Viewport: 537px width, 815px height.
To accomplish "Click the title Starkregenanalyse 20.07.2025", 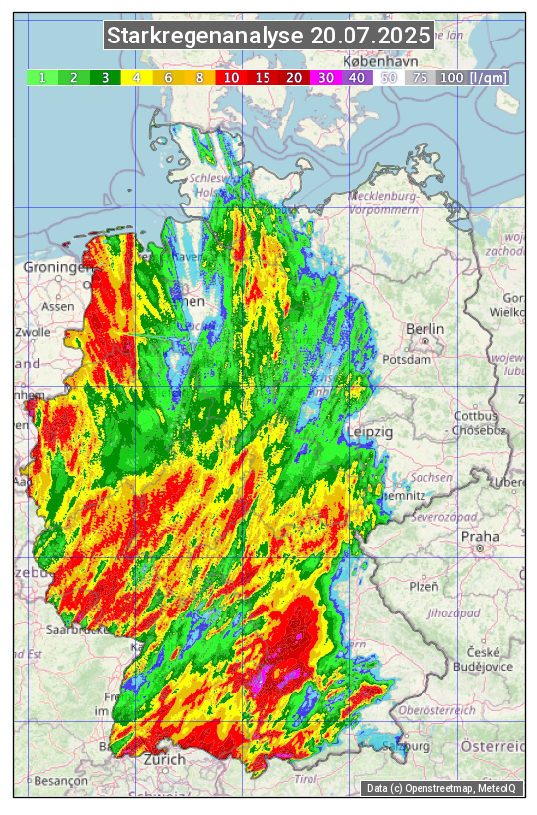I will point(268,37).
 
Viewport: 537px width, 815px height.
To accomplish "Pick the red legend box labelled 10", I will point(231,77).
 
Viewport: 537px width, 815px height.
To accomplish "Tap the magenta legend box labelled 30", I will point(326,77).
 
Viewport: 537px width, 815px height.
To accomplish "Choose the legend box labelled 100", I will point(451,77).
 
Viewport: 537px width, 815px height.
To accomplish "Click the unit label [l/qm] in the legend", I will point(490,77).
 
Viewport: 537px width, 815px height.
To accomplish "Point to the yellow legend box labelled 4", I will point(136,77).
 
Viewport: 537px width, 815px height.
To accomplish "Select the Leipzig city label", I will point(371,433).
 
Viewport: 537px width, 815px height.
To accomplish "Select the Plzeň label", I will point(423,586).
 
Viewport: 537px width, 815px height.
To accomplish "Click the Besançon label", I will point(60,780).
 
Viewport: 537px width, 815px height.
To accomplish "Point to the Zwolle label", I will point(32,332).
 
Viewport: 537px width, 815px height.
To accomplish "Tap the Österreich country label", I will point(494,745).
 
